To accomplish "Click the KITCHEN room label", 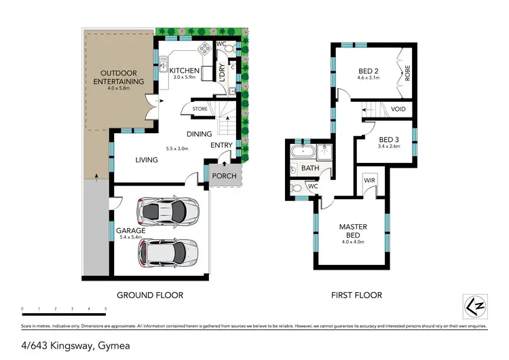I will pyautogui.click(x=184, y=71).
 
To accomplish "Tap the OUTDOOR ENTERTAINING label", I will pyautogui.click(x=122, y=77).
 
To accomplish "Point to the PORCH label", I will pyautogui.click(x=224, y=176).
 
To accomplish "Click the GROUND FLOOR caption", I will pyautogui.click(x=150, y=295).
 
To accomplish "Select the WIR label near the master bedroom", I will pyautogui.click(x=370, y=180).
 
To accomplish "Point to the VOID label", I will pyautogui.click(x=399, y=109).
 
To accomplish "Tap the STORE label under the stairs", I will pyautogui.click(x=200, y=108).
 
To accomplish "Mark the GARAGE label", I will pyautogui.click(x=130, y=231).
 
